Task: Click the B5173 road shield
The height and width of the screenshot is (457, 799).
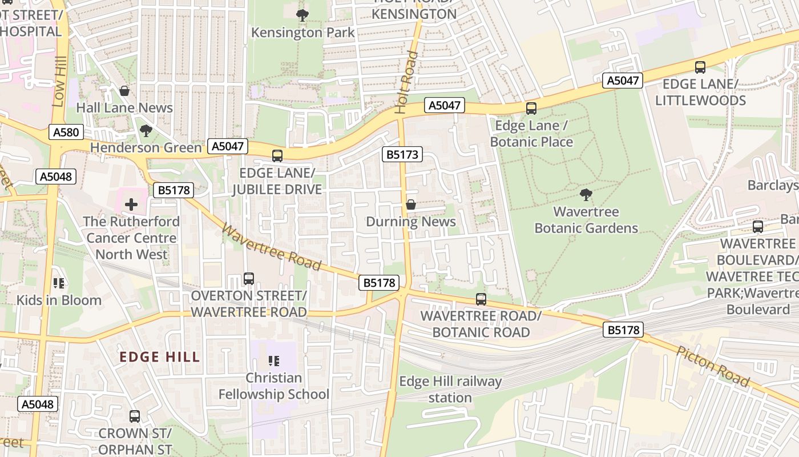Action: tap(402, 154)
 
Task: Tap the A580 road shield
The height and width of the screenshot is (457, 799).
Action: tap(66, 133)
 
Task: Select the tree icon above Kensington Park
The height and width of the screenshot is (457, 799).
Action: tap(302, 15)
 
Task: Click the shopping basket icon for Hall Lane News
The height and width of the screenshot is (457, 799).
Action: tap(124, 91)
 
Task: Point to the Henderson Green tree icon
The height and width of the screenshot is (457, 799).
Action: tap(146, 131)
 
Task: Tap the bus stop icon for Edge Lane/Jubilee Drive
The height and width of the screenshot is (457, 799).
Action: tap(277, 155)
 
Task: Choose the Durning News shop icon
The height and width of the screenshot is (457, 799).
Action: tap(410, 205)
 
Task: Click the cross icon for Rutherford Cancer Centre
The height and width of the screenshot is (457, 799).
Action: tap(131, 204)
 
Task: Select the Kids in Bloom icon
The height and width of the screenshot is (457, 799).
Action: tap(58, 283)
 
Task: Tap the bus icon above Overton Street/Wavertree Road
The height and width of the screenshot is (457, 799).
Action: tap(249, 279)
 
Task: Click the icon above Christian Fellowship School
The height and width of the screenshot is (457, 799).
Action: tap(274, 360)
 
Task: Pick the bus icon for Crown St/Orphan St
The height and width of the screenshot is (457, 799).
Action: tap(135, 416)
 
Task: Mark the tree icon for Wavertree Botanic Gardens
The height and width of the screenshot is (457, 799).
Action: tap(586, 195)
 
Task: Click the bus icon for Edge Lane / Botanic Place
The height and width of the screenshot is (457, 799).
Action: tap(531, 108)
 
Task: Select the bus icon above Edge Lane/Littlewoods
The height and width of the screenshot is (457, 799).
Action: tap(700, 67)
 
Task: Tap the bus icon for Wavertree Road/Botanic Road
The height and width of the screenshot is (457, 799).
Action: tap(481, 299)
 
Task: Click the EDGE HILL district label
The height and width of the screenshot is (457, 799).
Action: tap(160, 358)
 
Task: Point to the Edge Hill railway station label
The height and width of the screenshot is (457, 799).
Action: tap(450, 390)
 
